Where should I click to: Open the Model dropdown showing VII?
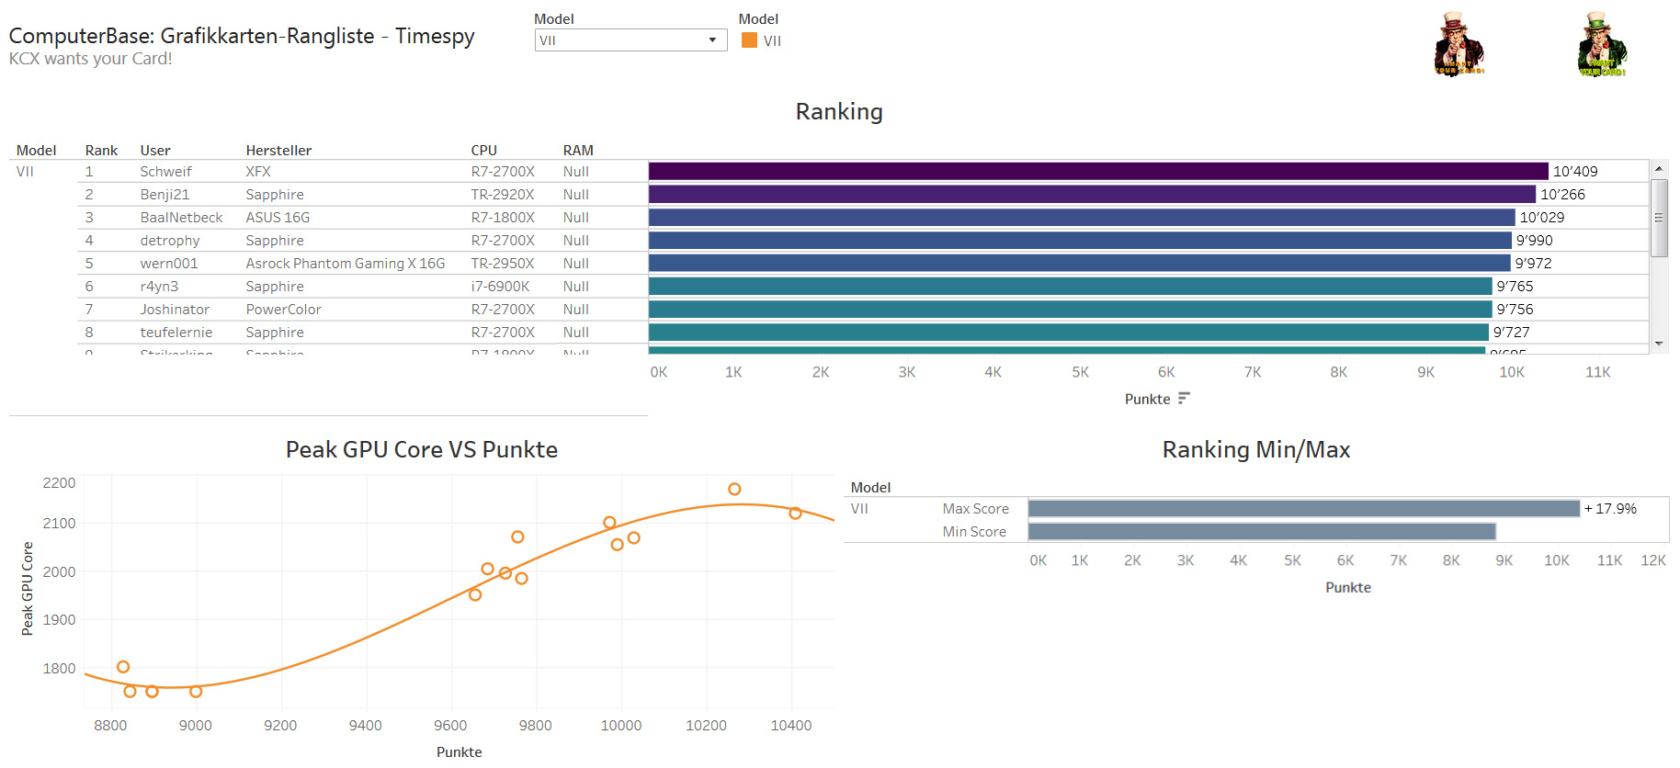[630, 40]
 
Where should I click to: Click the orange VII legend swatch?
[749, 40]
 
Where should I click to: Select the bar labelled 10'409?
[1098, 171]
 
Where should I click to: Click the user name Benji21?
[165, 195]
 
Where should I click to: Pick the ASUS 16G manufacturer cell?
[278, 218]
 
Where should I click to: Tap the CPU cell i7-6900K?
[500, 287]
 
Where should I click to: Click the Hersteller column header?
[278, 151]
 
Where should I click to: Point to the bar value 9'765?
[1515, 287]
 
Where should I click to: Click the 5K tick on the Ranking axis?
[1080, 372]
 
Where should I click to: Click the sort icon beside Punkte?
[1184, 398]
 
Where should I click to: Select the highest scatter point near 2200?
[734, 489]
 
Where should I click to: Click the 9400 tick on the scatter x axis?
[366, 726]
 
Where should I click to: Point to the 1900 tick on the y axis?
[59, 620]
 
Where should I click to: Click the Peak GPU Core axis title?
[28, 588]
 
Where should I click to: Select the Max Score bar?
[1303, 509]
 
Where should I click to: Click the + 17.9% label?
[1610, 509]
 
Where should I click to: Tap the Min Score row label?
[974, 532]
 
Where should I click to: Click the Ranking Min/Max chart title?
[1255, 449]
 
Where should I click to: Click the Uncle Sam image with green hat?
[1602, 44]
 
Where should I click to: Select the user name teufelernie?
[176, 333]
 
